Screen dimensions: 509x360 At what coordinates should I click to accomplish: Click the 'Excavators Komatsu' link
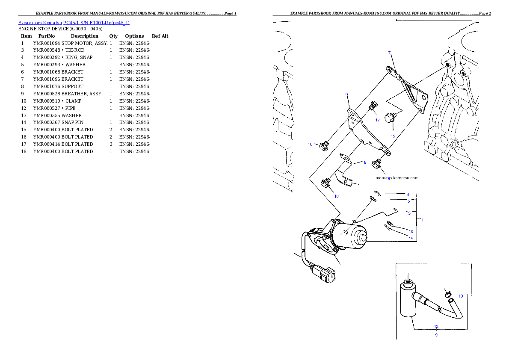[x=40, y=23]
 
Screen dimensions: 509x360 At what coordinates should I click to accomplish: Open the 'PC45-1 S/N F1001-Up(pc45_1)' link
[x=96, y=23]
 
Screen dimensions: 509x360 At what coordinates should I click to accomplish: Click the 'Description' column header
[x=84, y=36]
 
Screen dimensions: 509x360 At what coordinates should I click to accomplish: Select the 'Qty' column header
[x=113, y=36]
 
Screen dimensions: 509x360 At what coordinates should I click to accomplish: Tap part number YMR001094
[x=47, y=43]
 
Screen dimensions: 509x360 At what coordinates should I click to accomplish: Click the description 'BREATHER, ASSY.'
[x=82, y=94]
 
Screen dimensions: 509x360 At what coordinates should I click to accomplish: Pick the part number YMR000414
[x=47, y=144]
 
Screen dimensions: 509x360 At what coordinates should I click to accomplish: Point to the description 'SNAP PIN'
[x=72, y=122]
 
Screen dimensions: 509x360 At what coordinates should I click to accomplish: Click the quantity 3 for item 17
[x=111, y=144]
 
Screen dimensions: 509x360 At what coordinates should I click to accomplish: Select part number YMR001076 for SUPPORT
[x=47, y=86]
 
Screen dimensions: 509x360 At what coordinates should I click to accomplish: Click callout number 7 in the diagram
[x=390, y=53]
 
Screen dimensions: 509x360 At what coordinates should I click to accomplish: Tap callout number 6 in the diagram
[x=347, y=94]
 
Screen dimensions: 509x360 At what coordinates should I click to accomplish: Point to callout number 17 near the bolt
[x=378, y=120]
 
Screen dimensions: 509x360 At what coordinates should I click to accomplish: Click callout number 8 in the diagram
[x=365, y=162]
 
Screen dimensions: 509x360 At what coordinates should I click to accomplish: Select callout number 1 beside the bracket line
[x=422, y=220]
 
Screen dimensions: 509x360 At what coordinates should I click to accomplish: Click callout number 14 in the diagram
[x=411, y=239]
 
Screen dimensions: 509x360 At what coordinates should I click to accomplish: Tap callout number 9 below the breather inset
[x=436, y=335]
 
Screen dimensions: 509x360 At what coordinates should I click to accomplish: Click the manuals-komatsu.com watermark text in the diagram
[x=397, y=178]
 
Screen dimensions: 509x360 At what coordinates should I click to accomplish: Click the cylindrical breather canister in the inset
[x=408, y=299]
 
